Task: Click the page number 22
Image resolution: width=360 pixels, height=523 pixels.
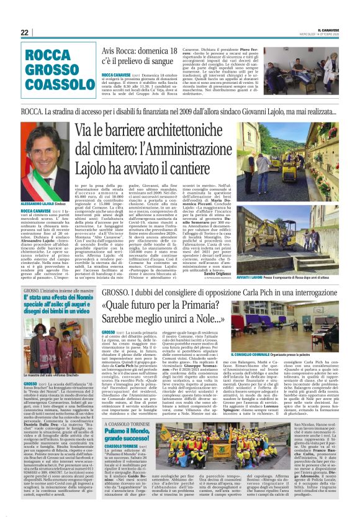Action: point(24,32)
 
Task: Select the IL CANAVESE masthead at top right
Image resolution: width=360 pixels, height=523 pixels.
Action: point(328,29)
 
